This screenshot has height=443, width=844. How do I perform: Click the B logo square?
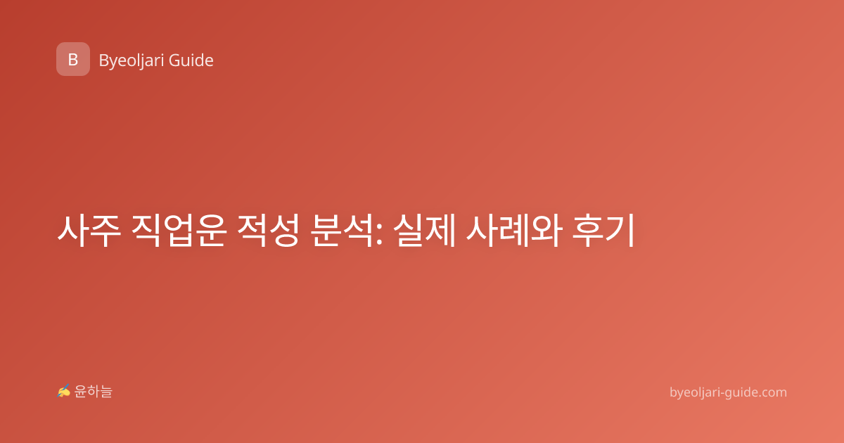(73, 59)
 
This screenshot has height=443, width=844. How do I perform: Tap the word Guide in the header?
(191, 60)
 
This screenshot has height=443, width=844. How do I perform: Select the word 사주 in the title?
(89, 231)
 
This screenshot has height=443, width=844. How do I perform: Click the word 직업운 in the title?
(179, 231)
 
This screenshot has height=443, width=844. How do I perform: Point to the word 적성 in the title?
(268, 231)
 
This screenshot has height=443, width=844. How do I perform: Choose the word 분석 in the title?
(342, 231)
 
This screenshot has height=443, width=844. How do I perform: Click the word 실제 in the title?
(424, 231)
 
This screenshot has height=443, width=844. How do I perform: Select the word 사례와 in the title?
(514, 231)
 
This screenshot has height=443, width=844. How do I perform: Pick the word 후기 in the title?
(603, 231)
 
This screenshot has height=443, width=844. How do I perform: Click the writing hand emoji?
(64, 391)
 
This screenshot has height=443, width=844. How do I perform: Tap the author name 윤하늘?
(93, 392)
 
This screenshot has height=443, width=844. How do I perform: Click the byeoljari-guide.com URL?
(728, 392)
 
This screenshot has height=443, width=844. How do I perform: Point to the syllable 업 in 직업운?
(179, 231)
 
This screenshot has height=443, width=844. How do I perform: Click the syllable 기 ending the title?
(620, 231)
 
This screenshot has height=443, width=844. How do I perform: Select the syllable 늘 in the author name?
(106, 392)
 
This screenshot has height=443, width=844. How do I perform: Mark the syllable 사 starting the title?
(72, 231)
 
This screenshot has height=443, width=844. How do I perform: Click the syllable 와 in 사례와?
(546, 231)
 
